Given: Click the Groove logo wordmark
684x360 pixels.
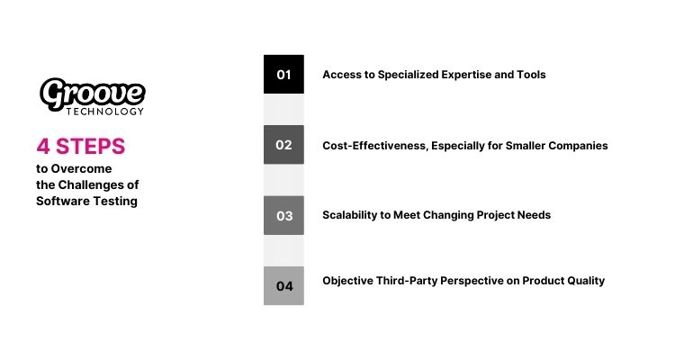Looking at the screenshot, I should (93, 93).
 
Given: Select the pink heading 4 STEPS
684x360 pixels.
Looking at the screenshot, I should (81, 146).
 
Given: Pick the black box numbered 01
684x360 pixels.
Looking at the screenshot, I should (283, 75).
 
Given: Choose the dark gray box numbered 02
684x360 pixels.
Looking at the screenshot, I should (283, 145).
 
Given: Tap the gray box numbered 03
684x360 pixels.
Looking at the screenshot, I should (283, 215).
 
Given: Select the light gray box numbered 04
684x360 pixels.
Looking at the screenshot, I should (283, 286).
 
